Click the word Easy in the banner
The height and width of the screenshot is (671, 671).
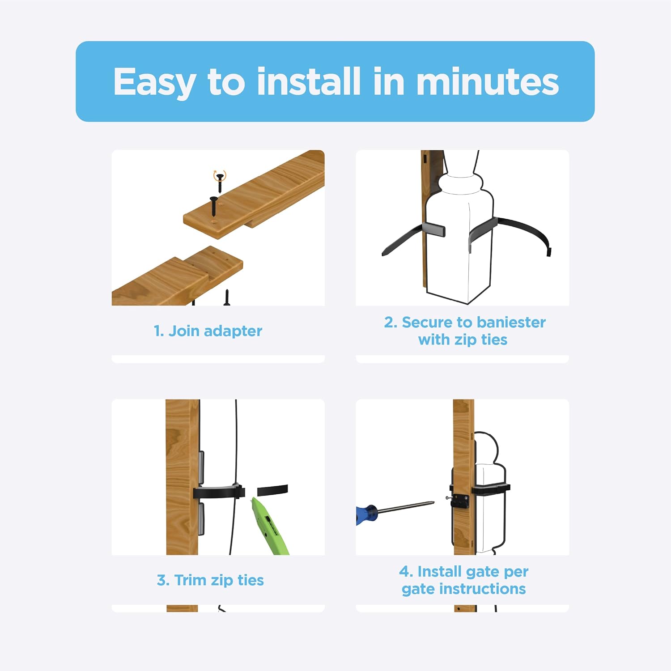coord(154,83)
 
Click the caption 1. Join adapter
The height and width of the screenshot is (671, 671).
coord(208,331)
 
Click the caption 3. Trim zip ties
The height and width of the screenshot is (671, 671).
coord(210,580)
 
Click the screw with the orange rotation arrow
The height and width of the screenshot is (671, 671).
coord(219,181)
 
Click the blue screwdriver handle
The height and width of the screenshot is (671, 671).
coord(367,514)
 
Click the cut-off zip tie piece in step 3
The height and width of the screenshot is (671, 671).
coord(272,489)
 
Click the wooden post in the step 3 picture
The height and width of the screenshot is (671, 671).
coord(182,477)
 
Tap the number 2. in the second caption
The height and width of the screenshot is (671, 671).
coord(391,322)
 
